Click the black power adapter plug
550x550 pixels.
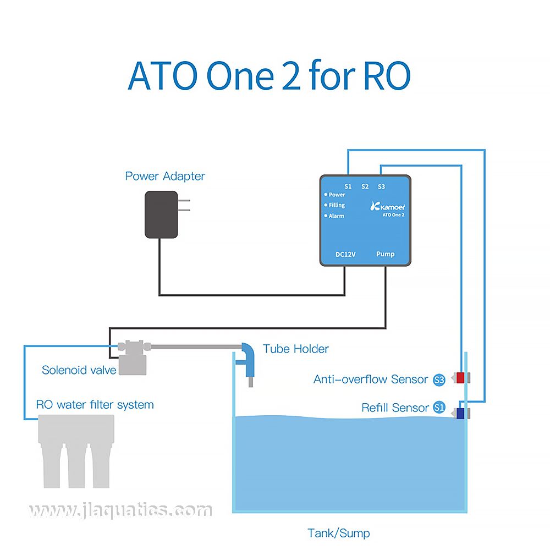[x=162, y=215]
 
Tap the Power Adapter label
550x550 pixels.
[x=165, y=176]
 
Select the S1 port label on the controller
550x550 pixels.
[x=348, y=186]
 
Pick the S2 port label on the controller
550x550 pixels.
[x=365, y=186]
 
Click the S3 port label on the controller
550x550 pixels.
[x=381, y=186]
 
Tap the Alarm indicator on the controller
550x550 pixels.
[x=334, y=216]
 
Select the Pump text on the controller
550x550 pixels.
[x=385, y=254]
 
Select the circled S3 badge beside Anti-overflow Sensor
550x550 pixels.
[x=439, y=379]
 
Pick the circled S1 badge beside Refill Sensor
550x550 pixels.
[x=439, y=408]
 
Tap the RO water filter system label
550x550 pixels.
[x=95, y=405]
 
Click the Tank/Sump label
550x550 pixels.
[x=338, y=533]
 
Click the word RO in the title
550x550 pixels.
[x=387, y=76]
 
